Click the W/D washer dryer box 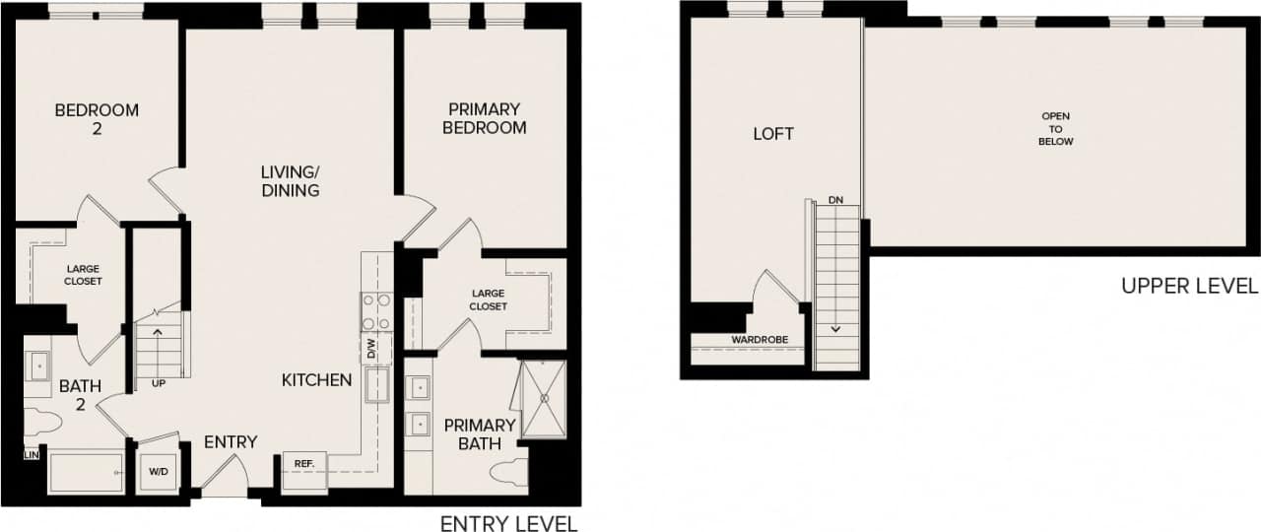point(158,472)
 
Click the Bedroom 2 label point(97,119)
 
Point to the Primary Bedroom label point(484,118)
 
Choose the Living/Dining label point(290,181)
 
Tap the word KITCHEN point(316,380)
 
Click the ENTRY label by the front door point(231,442)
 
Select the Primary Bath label point(479,433)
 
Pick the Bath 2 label point(79,395)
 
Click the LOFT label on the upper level point(773,134)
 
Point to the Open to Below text point(1055,129)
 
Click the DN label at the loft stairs point(836,200)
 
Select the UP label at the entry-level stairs point(158,382)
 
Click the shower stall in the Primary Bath point(543,398)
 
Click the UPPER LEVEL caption point(1189,286)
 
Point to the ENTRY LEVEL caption point(508,523)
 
